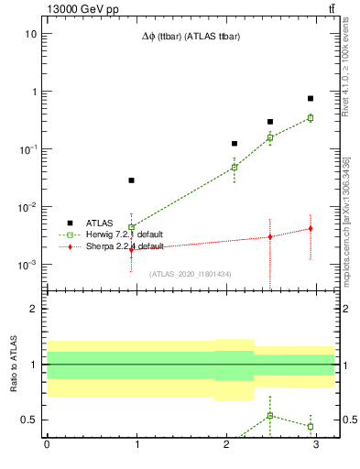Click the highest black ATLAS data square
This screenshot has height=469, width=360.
[x=311, y=98]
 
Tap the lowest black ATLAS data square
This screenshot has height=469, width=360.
[x=132, y=180]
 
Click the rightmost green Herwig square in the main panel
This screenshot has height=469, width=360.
[x=311, y=117]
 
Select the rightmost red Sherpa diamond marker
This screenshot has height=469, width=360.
[x=311, y=228]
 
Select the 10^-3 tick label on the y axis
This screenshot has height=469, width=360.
[x=27, y=265]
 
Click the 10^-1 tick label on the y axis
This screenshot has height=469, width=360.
[x=27, y=149]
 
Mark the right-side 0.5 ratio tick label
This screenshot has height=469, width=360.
[x=348, y=420]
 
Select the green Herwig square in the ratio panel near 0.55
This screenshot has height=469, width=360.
[x=270, y=416]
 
